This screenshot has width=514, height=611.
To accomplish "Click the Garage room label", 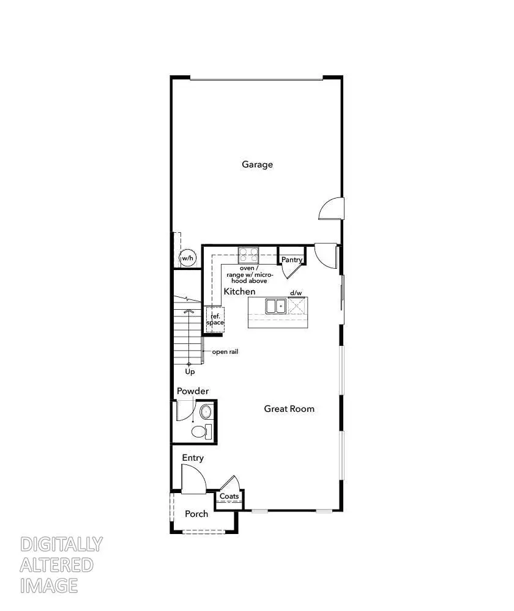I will click(257, 164).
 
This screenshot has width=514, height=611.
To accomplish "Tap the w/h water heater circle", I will click(187, 258).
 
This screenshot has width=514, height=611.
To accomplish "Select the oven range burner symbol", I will click(248, 254).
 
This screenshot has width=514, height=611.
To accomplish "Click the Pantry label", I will click(292, 260).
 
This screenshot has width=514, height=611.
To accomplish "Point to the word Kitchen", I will click(239, 292).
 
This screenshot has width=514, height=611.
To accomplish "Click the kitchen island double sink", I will click(275, 305).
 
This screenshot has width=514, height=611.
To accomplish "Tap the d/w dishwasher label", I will click(296, 293).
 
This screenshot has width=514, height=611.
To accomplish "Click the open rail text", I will click(225, 352).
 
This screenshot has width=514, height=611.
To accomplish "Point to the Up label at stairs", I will click(190, 371).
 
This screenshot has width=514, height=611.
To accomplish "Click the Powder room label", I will click(193, 391).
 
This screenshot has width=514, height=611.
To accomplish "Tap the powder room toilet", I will click(200, 432).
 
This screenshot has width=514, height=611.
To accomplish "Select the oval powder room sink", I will click(206, 411).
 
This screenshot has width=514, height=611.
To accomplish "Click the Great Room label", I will click(289, 409).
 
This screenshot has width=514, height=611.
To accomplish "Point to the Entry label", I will click(193, 458).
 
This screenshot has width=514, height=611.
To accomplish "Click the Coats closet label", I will click(229, 496).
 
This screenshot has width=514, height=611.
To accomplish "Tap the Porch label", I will click(196, 514).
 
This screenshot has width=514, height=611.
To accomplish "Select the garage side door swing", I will click(331, 208).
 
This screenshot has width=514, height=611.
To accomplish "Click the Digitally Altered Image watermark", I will click(61, 565).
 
